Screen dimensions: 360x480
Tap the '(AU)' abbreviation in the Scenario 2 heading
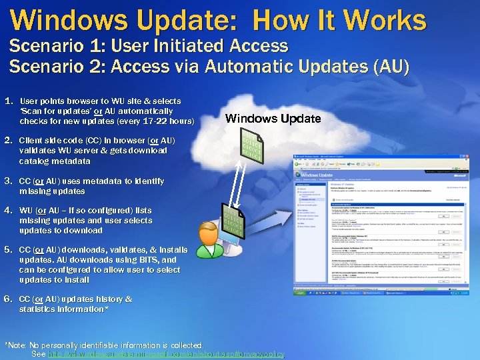(390, 67)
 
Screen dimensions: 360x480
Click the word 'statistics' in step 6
(39, 309)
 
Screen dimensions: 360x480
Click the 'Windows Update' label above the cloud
(273, 119)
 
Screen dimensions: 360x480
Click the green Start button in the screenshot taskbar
(299, 291)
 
